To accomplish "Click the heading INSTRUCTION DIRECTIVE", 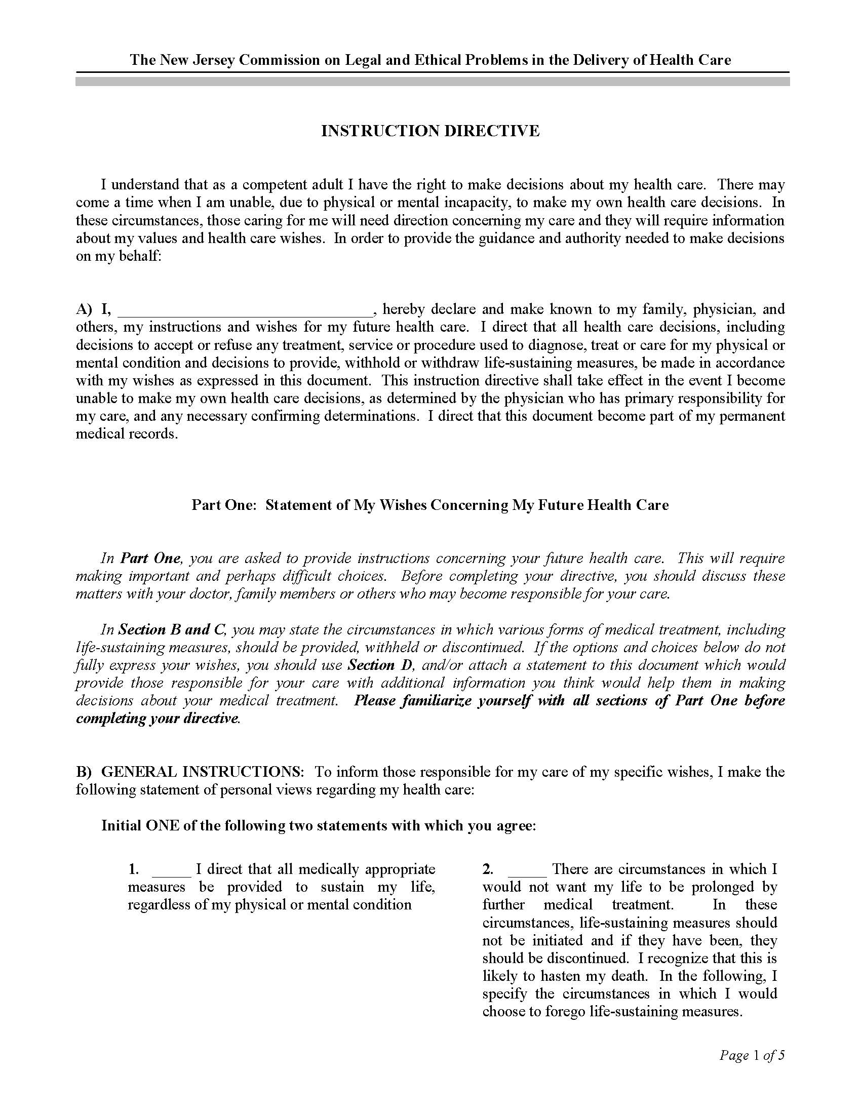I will [x=430, y=131].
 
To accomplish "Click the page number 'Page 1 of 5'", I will [x=751, y=1055].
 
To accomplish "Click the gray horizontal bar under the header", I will [x=433, y=81].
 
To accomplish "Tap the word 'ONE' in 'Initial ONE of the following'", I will [x=162, y=825].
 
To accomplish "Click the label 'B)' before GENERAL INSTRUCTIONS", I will [x=84, y=772].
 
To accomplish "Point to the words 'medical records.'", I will [x=127, y=434].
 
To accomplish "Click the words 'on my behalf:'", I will [x=119, y=256].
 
